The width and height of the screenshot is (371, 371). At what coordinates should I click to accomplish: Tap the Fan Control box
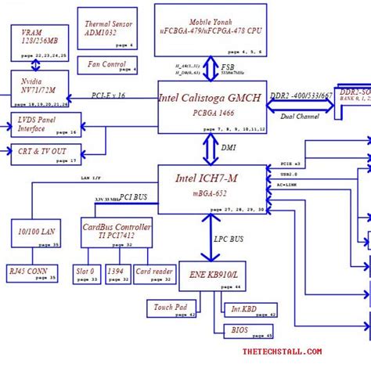pyautogui.click(x=107, y=66)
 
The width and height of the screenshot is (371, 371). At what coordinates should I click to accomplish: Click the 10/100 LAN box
pyautogui.click(x=36, y=232)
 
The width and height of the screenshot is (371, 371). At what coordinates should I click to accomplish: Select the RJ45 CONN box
pyautogui.click(x=32, y=273)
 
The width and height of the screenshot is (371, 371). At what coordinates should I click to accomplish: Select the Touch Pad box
pyautogui.click(x=171, y=309)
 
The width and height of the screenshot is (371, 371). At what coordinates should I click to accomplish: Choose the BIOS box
pyautogui.click(x=250, y=333)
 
